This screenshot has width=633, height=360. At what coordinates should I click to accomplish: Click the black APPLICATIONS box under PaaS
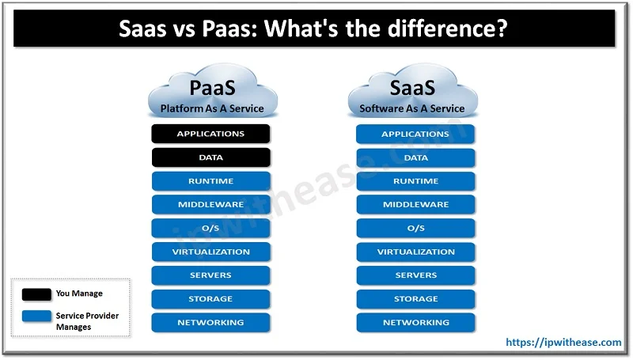coord(210,134)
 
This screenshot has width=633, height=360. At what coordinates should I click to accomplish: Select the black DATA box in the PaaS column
coord(210,157)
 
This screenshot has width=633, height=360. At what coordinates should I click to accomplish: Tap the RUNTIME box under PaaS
coord(210,181)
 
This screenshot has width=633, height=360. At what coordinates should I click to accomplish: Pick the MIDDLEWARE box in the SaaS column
coord(415,205)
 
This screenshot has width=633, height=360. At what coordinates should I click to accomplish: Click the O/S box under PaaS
coord(210,229)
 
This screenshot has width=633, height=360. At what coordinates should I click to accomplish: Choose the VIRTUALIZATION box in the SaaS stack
coord(415,252)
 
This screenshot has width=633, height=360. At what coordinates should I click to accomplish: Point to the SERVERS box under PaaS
coord(210,275)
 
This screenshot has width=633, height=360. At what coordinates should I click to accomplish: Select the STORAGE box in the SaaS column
coord(415,299)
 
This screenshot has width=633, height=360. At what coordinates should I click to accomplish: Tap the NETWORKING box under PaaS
coord(210,323)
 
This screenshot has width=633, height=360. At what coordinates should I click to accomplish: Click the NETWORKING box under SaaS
coord(415,323)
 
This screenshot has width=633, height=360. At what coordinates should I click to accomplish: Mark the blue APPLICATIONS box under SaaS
coord(415,134)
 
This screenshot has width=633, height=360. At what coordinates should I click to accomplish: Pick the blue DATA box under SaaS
coord(415,157)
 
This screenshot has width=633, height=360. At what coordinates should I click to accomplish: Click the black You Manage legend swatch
coord(36,294)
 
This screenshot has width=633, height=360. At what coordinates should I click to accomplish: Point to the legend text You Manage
coord(79,294)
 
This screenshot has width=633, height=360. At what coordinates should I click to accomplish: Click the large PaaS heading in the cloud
coord(211,88)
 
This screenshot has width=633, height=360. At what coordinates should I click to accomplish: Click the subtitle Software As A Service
coord(412,108)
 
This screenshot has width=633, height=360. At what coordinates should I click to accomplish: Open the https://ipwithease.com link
coord(563,343)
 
